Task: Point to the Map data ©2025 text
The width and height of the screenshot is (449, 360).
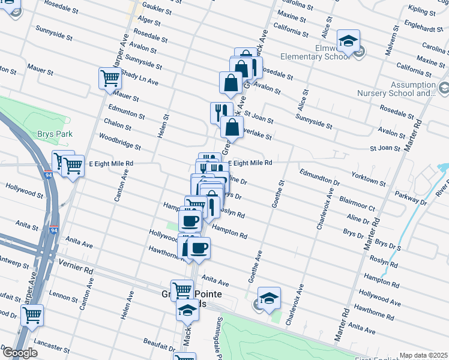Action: point(423,355)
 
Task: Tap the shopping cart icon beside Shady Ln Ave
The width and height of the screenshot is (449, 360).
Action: point(109,78)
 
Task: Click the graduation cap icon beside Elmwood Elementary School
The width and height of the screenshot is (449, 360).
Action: point(348,40)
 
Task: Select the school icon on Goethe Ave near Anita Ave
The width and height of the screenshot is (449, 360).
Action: point(270,297)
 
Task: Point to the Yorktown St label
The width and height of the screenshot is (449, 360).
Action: point(369,178)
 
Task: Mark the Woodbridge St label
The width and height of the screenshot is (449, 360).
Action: point(121,142)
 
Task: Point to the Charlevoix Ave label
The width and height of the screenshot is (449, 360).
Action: point(326,209)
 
